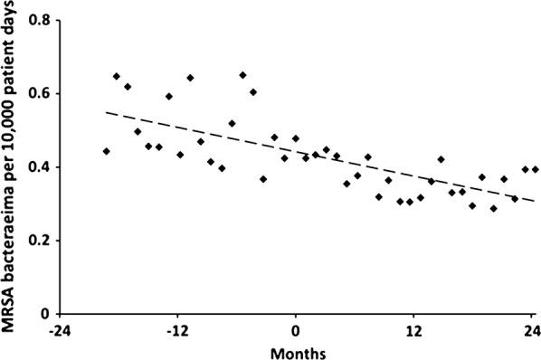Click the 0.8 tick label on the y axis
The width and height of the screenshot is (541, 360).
coord(37,20)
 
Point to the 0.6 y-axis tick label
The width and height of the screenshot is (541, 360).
coord(37,93)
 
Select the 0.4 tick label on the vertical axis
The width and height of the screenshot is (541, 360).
coord(37,167)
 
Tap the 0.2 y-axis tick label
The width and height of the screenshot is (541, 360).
coord(37,241)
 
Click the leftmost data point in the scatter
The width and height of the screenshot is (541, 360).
coord(107,151)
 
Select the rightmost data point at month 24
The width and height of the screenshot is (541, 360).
coord(535,169)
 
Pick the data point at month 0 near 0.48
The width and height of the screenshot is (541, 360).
coord(296,138)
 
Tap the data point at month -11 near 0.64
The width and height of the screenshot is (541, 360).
coord(190,78)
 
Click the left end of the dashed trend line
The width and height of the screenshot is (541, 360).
coord(107,112)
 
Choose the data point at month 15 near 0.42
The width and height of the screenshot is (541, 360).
coord(441,159)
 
